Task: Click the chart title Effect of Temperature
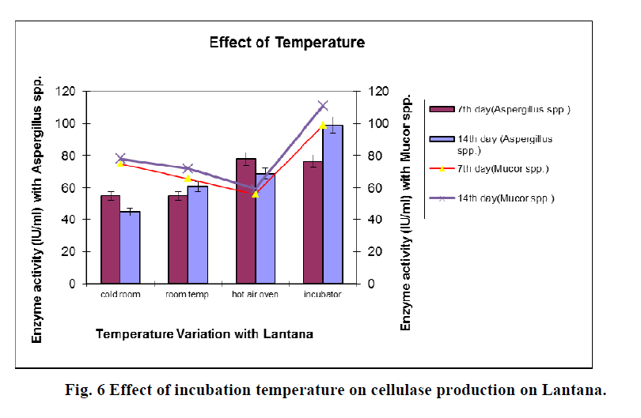pyautogui.click(x=286, y=43)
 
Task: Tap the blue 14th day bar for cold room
pyautogui.click(x=130, y=247)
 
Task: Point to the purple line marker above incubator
pyautogui.click(x=323, y=106)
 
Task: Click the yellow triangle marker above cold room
pyautogui.click(x=120, y=164)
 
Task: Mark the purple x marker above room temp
pyautogui.click(x=188, y=168)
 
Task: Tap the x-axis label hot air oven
pyautogui.click(x=256, y=294)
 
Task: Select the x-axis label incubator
pyautogui.click(x=323, y=294)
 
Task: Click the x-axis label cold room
pyautogui.click(x=120, y=294)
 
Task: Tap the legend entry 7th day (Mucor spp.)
pyautogui.click(x=503, y=169)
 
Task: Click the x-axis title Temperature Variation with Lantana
pyautogui.click(x=204, y=334)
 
